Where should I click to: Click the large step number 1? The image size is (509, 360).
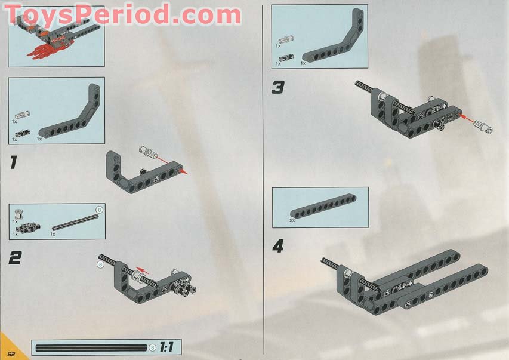[14, 164]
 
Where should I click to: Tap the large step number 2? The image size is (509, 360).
[16, 258]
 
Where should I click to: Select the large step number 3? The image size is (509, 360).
[277, 88]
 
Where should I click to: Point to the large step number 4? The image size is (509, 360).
[278, 246]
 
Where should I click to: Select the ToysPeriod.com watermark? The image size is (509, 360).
[122, 13]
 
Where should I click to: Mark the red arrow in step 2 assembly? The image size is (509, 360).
[141, 270]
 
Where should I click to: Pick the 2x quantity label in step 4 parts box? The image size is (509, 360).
[292, 220]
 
